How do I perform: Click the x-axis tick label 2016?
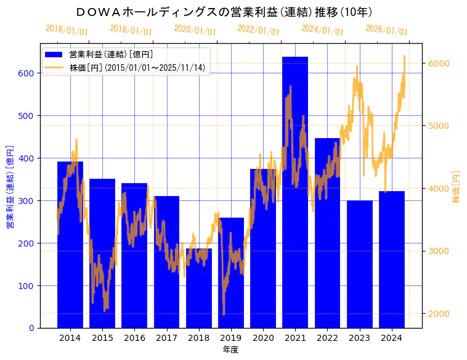(134, 338)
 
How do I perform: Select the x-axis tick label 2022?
(327, 338)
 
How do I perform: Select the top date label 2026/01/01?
(386, 30)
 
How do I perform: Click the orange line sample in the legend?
(55, 67)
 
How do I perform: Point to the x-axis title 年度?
(231, 350)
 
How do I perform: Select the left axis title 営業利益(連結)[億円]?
(10, 186)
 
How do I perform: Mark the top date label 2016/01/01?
(67, 30)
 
